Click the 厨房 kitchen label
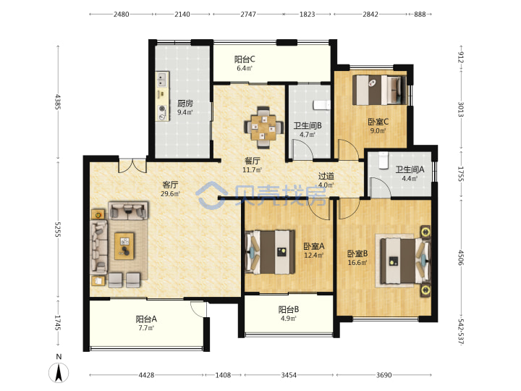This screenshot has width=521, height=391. pyautogui.click(x=185, y=103)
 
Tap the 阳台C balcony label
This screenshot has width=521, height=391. pyautogui.click(x=245, y=59)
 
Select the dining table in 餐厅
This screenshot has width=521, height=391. pyautogui.click(x=263, y=127)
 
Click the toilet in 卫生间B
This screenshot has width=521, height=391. pyautogui.click(x=321, y=105)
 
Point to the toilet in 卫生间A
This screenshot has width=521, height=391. pyautogui.click(x=384, y=160)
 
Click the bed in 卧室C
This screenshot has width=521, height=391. pyautogui.click(x=379, y=90)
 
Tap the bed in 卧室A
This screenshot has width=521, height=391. pyautogui.click(x=270, y=252)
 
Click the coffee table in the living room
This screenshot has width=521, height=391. pyautogui.click(x=124, y=246)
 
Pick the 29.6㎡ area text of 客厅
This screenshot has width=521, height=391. pyautogui.click(x=170, y=193)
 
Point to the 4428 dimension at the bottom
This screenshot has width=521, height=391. pyautogui.click(x=146, y=375)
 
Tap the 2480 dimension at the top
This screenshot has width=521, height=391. pyautogui.click(x=122, y=14)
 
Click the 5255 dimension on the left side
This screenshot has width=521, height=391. pyautogui.click(x=58, y=230)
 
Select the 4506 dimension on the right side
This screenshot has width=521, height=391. pyautogui.click(x=460, y=257)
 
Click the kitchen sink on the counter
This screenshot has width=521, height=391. pyautogui.click(x=162, y=80)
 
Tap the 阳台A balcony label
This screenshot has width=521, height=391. pyautogui.click(x=146, y=319)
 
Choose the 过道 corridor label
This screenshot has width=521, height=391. pyautogui.click(x=326, y=176)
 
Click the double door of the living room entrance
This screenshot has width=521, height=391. pyautogui.click(x=132, y=166)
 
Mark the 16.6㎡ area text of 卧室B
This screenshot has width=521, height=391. pyautogui.click(x=357, y=263)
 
